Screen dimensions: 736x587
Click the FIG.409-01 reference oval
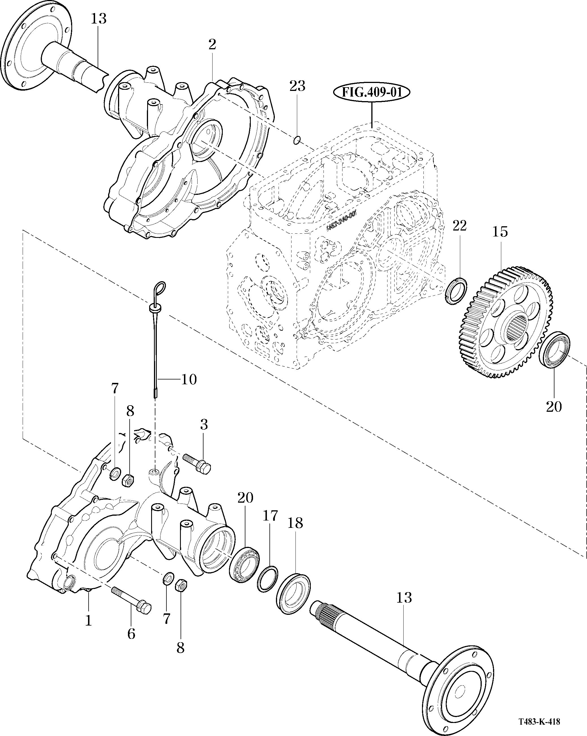pyautogui.click(x=371, y=93)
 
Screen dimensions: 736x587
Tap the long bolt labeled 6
pyautogui.click(x=131, y=601)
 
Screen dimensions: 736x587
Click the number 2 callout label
pyautogui.click(x=212, y=44)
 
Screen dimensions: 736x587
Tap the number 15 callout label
pyautogui.click(x=500, y=232)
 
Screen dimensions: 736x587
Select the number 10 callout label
pyautogui.click(x=189, y=379)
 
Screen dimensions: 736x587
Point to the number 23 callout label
pyautogui.click(x=297, y=86)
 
